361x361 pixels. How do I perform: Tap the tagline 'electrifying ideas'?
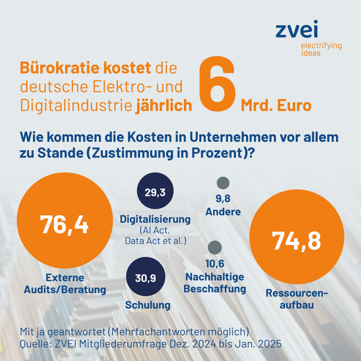(x=321, y=49)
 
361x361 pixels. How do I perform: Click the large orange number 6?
(x=217, y=85)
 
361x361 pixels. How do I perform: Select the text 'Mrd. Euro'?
(x=276, y=105)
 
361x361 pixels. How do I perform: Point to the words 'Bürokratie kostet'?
(x=85, y=68)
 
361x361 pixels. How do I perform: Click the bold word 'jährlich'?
(x=164, y=106)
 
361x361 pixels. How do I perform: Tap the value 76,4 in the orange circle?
(x=64, y=224)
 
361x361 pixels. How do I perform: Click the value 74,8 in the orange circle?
(x=296, y=241)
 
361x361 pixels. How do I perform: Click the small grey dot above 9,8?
(x=223, y=183)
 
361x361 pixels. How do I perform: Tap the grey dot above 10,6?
(x=215, y=247)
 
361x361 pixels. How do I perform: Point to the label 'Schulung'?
(x=148, y=305)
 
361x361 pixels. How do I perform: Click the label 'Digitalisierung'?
(x=155, y=219)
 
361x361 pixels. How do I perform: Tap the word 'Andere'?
(x=223, y=212)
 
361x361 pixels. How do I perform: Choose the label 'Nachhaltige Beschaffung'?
(x=215, y=283)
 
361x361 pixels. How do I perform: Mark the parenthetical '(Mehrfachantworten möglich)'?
(x=178, y=332)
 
